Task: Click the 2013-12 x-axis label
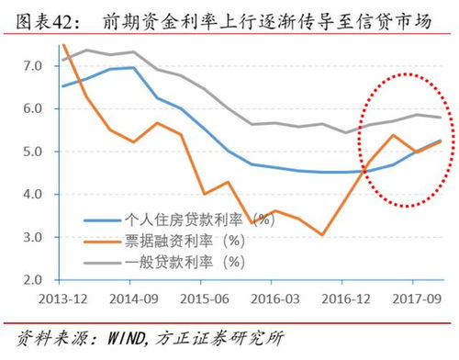click(62, 298)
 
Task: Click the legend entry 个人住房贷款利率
click(184, 220)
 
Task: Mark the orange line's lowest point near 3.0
click(322, 234)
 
